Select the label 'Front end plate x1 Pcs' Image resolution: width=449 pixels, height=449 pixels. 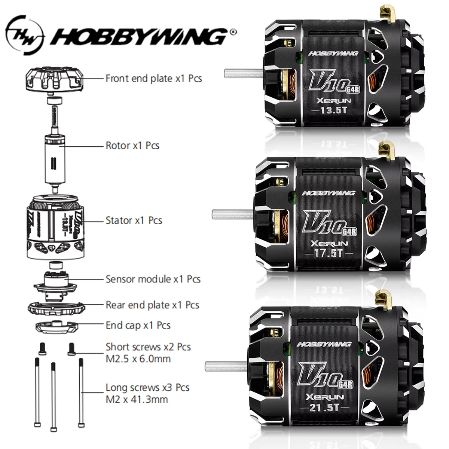click(x=153, y=79)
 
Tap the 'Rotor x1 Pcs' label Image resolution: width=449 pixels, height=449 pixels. click(x=132, y=145)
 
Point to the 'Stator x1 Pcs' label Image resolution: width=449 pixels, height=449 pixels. click(x=134, y=220)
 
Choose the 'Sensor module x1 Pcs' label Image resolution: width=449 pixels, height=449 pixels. click(x=153, y=279)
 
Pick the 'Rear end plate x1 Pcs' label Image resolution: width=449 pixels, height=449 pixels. click(x=152, y=305)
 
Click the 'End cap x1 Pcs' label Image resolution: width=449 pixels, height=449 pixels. click(x=138, y=325)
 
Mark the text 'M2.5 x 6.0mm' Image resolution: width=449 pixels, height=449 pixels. click(x=138, y=359)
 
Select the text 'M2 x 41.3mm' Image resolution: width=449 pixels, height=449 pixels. click(x=137, y=399)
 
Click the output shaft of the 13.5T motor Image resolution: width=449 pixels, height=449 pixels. click(x=243, y=72)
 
